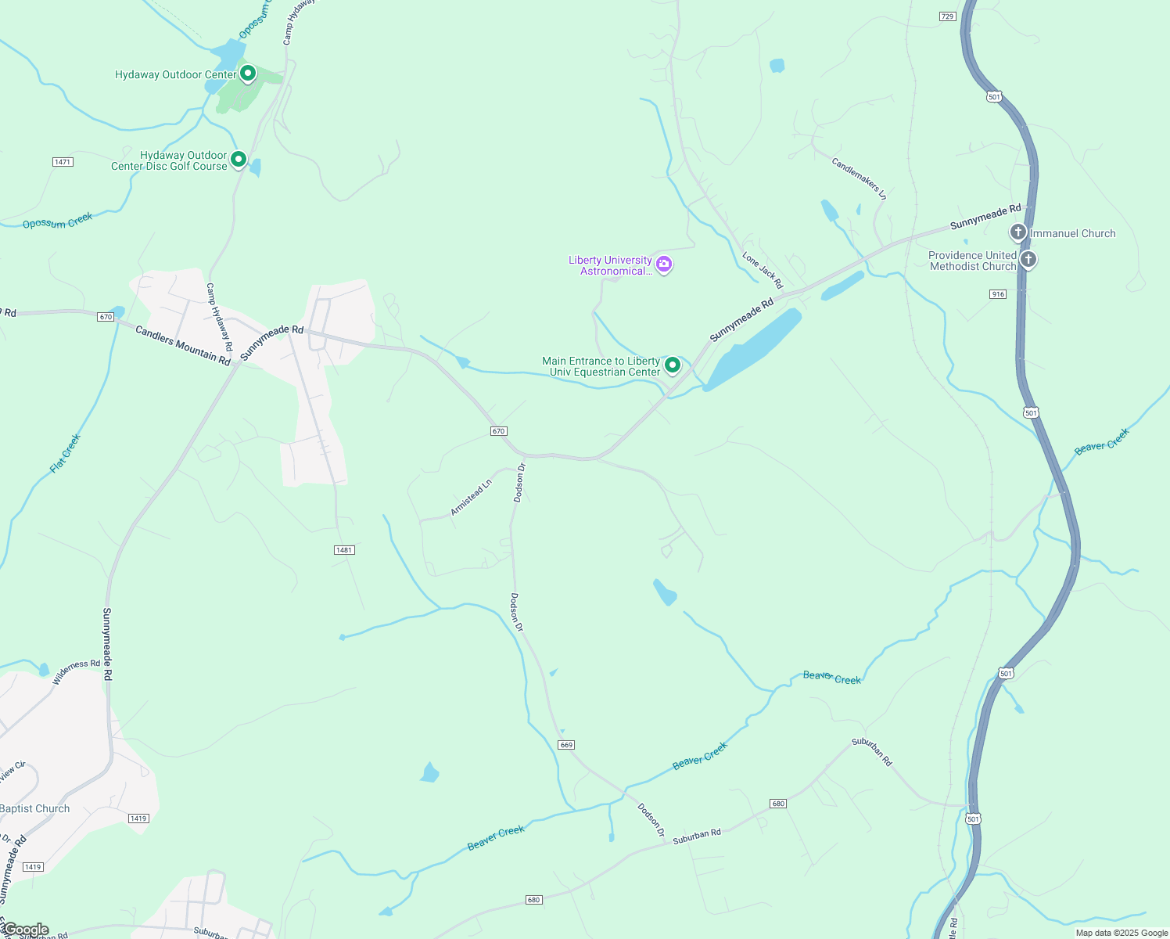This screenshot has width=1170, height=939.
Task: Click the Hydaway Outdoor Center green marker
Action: tap(248, 74)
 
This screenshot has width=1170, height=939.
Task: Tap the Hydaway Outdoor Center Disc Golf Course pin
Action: tap(239, 159)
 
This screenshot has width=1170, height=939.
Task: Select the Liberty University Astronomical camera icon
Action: tap(664, 264)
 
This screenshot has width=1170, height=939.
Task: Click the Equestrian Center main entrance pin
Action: tap(672, 365)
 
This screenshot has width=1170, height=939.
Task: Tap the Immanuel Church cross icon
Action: tap(1017, 232)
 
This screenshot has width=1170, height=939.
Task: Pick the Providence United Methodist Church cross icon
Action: tap(1028, 259)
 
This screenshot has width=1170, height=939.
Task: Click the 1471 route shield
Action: tap(63, 162)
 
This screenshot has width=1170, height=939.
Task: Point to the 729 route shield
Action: tap(947, 16)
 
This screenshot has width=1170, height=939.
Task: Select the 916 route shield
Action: tap(998, 294)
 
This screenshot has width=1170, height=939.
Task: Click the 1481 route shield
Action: tap(344, 550)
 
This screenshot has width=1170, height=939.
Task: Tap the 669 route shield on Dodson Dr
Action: tap(567, 745)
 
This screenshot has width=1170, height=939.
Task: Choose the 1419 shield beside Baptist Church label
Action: tap(138, 818)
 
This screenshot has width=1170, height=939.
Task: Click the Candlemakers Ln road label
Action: tap(859, 178)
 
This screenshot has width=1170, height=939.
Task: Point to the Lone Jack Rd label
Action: tap(763, 270)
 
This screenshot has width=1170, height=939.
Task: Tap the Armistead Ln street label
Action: tap(471, 498)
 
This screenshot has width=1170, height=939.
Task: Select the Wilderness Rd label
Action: tap(77, 672)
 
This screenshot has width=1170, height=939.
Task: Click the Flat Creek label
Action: tap(66, 453)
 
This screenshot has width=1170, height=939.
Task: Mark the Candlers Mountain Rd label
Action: tap(183, 345)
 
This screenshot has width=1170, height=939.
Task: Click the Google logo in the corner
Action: tap(26, 930)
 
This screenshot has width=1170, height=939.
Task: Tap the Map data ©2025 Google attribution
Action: tap(1122, 933)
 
